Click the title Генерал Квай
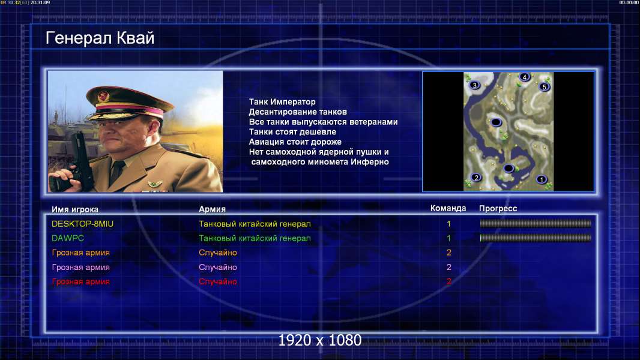coord(100,38)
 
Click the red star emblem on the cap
coord(104,96)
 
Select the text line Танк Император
coord(282,102)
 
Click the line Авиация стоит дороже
coord(295,142)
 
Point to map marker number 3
coord(474,85)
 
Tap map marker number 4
coord(525,77)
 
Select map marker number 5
coord(544,87)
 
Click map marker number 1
coord(541,179)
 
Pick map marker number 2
coord(476,178)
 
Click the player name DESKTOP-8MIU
coord(82,224)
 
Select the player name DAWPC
coord(68,238)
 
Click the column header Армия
coord(213,209)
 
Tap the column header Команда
coord(448,208)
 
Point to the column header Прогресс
coord(498,208)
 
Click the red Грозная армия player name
coord(81,282)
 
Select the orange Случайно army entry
coord(217,253)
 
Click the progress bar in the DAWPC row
coord(536,238)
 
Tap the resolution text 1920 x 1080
coord(319,340)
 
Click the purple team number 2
coord(448,267)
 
